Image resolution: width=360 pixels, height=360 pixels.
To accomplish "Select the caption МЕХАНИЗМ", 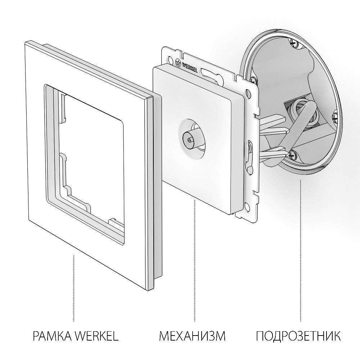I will pyautogui.click(x=192, y=337).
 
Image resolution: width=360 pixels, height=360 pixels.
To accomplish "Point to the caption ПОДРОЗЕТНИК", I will pyautogui.click(x=298, y=337).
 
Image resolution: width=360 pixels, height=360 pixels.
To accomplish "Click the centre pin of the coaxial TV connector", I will pyautogui.click(x=188, y=138).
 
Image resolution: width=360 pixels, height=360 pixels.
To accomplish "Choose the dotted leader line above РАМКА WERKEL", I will pyautogui.click(x=74, y=288).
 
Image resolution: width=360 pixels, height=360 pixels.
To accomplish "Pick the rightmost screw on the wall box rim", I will pyautogui.click(x=335, y=116).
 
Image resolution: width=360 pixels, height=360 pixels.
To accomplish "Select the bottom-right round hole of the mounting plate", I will pyautogui.click(x=247, y=207).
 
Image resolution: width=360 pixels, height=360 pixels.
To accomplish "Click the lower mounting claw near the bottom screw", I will pyautogui.click(x=274, y=153).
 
